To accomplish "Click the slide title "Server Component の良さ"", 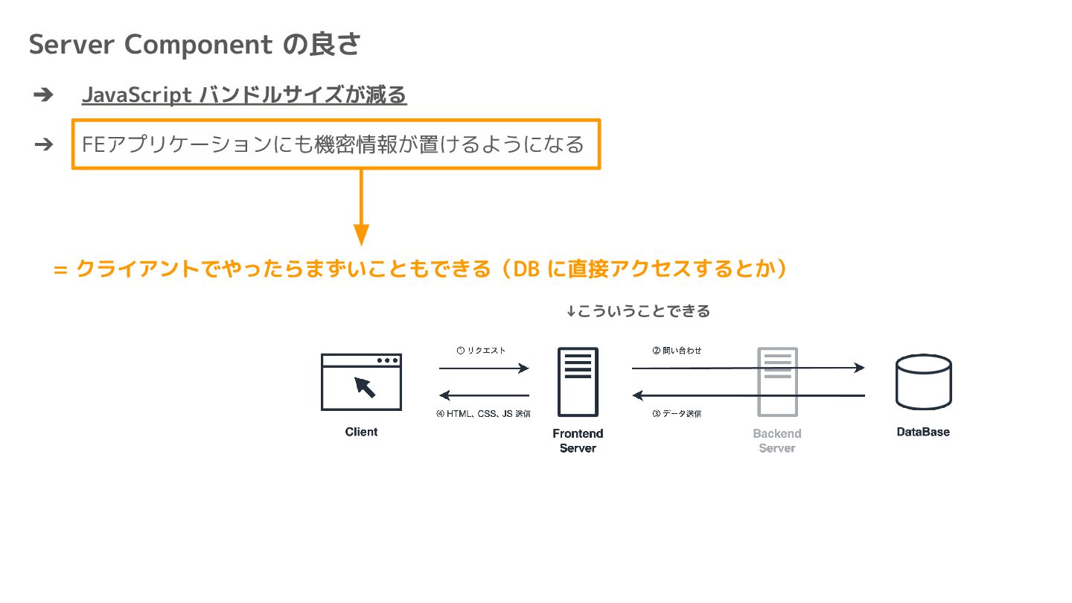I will [x=194, y=45].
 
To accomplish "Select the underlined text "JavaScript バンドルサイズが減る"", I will [x=244, y=95].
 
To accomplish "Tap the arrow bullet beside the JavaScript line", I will [x=43, y=95].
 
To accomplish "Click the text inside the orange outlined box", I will [x=333, y=144].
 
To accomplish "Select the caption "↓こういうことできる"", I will [x=638, y=311].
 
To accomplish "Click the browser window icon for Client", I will [x=361, y=381].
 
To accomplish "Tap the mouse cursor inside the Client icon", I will [x=365, y=386].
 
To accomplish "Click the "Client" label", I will [x=361, y=432].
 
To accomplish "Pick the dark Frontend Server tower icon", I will [x=578, y=382].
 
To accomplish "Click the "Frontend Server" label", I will [x=578, y=441].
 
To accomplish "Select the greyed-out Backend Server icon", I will [x=777, y=382].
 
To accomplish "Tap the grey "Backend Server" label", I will [x=777, y=441].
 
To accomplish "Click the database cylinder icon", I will [x=923, y=382].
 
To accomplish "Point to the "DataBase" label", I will [x=923, y=432].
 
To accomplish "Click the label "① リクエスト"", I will [x=481, y=350].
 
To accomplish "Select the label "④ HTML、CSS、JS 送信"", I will [x=483, y=414].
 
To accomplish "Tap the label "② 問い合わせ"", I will [x=677, y=350].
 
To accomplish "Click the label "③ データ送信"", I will [x=676, y=414].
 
